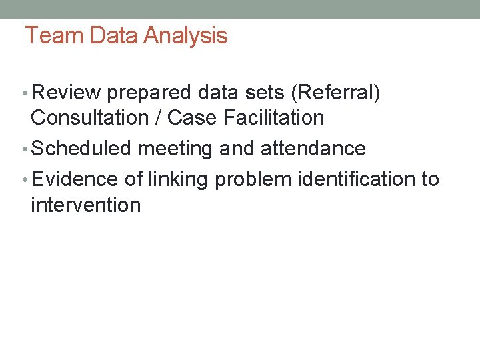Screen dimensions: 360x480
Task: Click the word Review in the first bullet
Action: (66, 93)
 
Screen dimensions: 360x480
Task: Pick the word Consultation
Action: (90, 118)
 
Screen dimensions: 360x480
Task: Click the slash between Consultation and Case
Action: (158, 118)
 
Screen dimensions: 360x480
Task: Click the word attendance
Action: (313, 148)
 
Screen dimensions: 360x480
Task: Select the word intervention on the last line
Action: (85, 204)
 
